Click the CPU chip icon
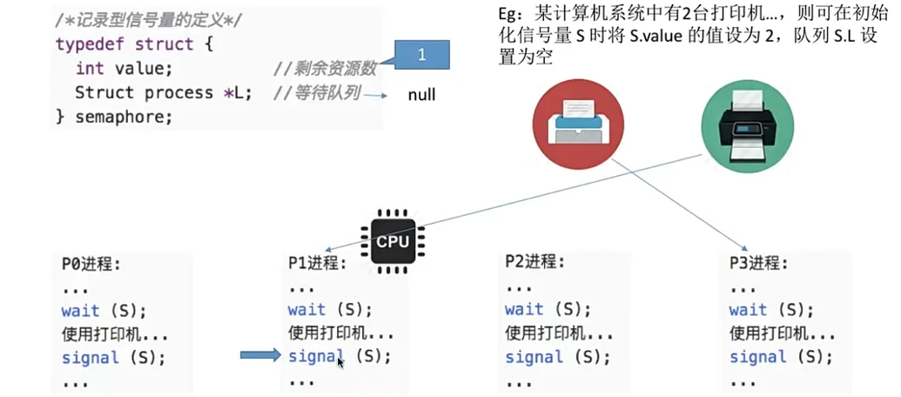click(x=392, y=238)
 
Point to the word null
click(x=421, y=95)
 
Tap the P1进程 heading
click(x=317, y=264)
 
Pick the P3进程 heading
click(x=759, y=263)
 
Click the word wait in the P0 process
click(x=81, y=311)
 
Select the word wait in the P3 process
click(x=749, y=310)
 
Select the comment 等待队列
click(x=317, y=92)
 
